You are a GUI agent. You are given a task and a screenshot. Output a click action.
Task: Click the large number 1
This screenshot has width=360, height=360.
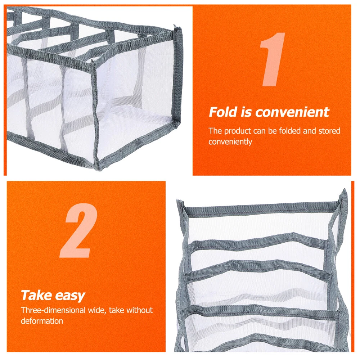(273, 59)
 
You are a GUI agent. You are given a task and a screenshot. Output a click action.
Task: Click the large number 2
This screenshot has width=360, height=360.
(79, 230)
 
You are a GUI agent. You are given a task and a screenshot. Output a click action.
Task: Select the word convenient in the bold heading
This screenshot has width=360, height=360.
(292, 112)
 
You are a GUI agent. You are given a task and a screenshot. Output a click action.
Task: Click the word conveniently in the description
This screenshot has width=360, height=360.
(230, 141)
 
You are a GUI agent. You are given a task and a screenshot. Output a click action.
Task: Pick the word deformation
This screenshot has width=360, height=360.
(42, 321)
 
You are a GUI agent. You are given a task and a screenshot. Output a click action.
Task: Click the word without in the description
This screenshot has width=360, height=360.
(139, 310)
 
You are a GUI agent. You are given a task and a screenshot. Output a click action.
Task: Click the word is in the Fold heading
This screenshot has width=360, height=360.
(246, 112)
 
